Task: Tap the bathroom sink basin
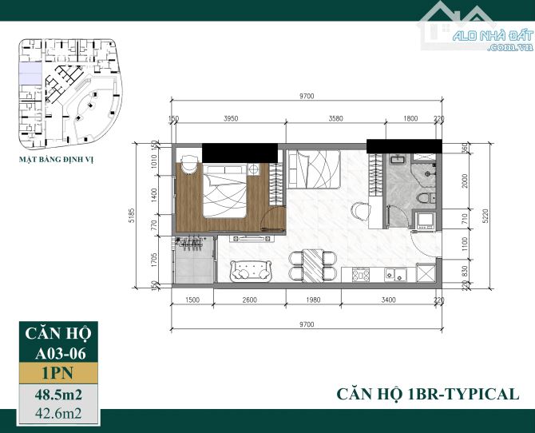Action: (x=398, y=159)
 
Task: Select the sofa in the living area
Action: (x=251, y=271)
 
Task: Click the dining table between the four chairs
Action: (x=312, y=266)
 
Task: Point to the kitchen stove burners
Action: (x=361, y=275)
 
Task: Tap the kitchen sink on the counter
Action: (x=395, y=275)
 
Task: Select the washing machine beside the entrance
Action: (x=425, y=220)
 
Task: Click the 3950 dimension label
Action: (x=231, y=118)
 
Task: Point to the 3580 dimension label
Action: (x=335, y=118)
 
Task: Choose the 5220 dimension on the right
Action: (x=485, y=216)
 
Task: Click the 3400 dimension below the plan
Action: (x=388, y=300)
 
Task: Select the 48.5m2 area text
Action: (x=58, y=395)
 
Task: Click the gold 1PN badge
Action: (x=58, y=373)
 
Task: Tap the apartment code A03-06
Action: (x=61, y=354)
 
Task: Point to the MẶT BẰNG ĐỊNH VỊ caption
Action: (x=56, y=160)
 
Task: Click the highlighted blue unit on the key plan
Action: (x=30, y=73)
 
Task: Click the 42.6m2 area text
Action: (x=58, y=414)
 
